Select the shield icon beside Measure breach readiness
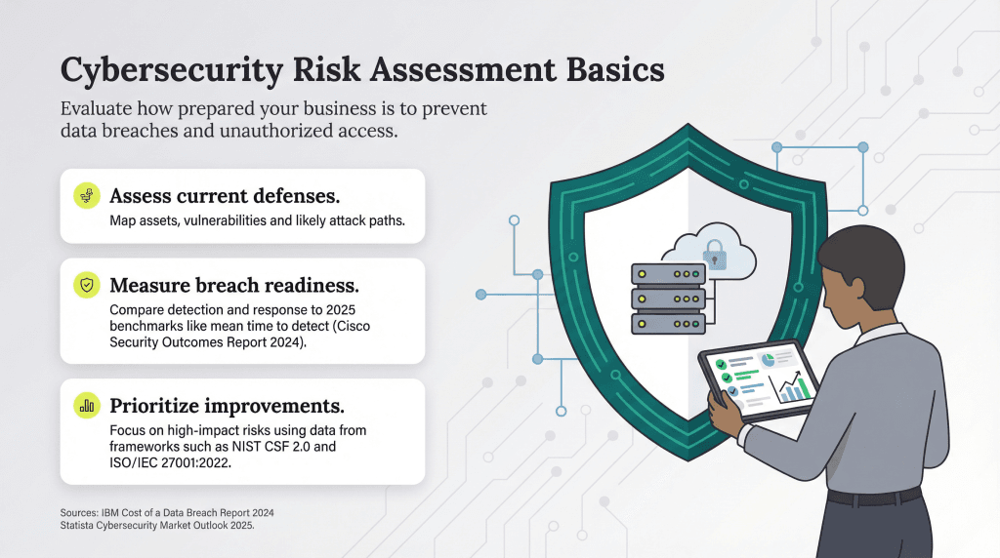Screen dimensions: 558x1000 coord(87,285)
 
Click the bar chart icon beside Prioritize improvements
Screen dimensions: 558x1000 coord(87,405)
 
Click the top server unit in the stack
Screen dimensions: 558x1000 coord(668,275)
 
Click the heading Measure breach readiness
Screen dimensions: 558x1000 coord(234,285)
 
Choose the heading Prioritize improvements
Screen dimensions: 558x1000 coord(227,405)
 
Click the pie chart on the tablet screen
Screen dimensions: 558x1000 coord(768,361)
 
